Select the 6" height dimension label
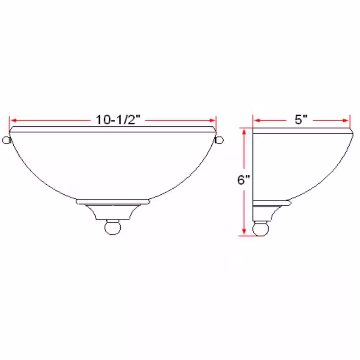(244, 180)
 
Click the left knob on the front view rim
(6, 140)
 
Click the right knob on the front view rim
(220, 140)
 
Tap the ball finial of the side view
(261, 229)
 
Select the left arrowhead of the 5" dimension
(256, 120)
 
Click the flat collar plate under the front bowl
(112, 201)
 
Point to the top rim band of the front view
(112, 129)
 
